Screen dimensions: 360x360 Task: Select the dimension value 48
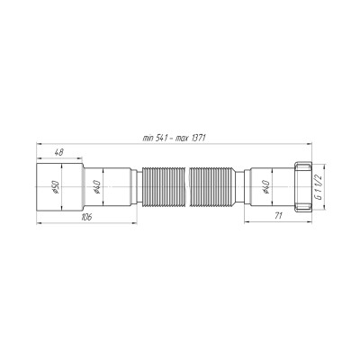(x=58, y=152)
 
